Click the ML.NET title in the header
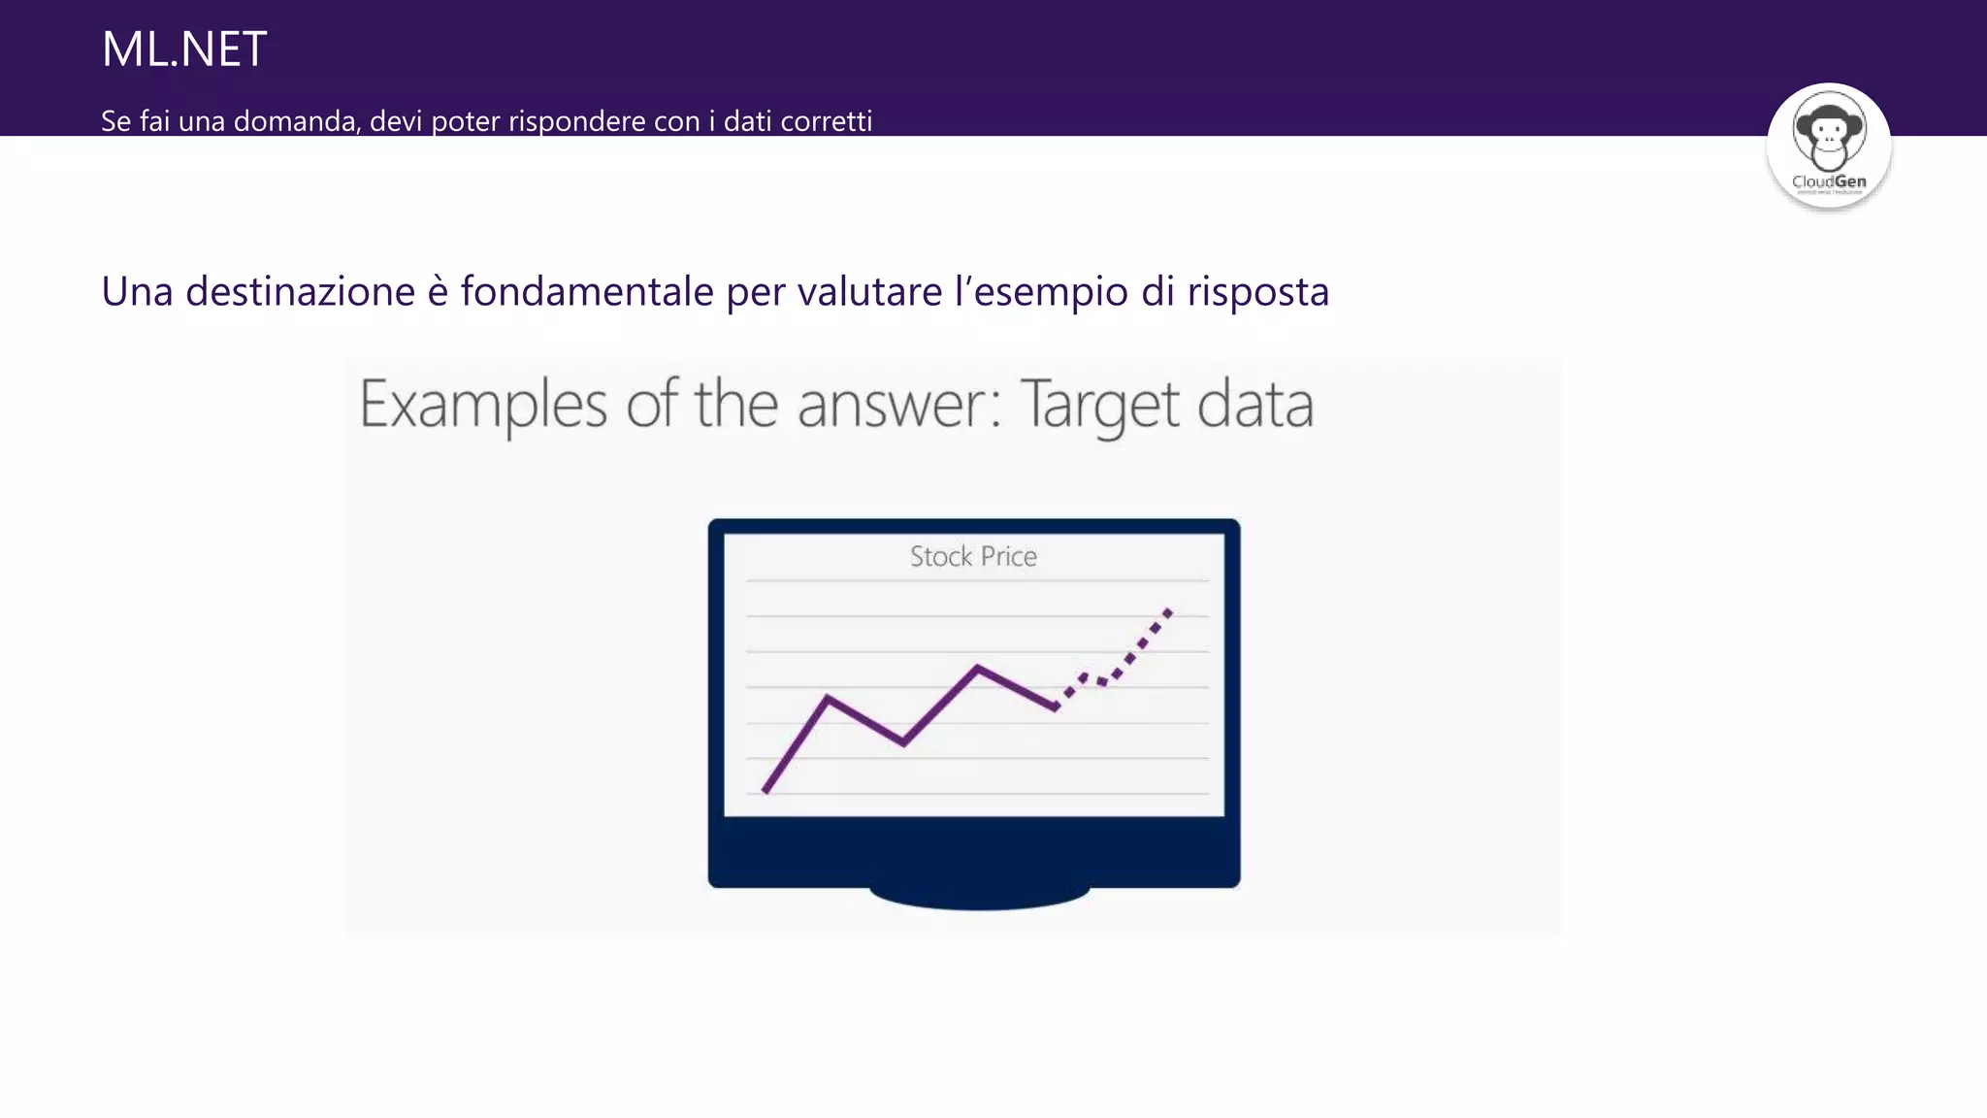(x=183, y=49)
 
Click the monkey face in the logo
(x=1828, y=132)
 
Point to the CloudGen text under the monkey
(x=1828, y=181)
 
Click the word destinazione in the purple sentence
(x=300, y=291)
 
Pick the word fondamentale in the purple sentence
(x=586, y=291)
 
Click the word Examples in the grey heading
(x=483, y=406)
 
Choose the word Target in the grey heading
(x=1100, y=406)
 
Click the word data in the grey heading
(x=1255, y=406)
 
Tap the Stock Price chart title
(x=973, y=556)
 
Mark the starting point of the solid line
(x=765, y=792)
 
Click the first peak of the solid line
(x=828, y=697)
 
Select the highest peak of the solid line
(x=977, y=667)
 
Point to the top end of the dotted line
(x=1169, y=611)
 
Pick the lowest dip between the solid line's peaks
(x=903, y=743)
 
